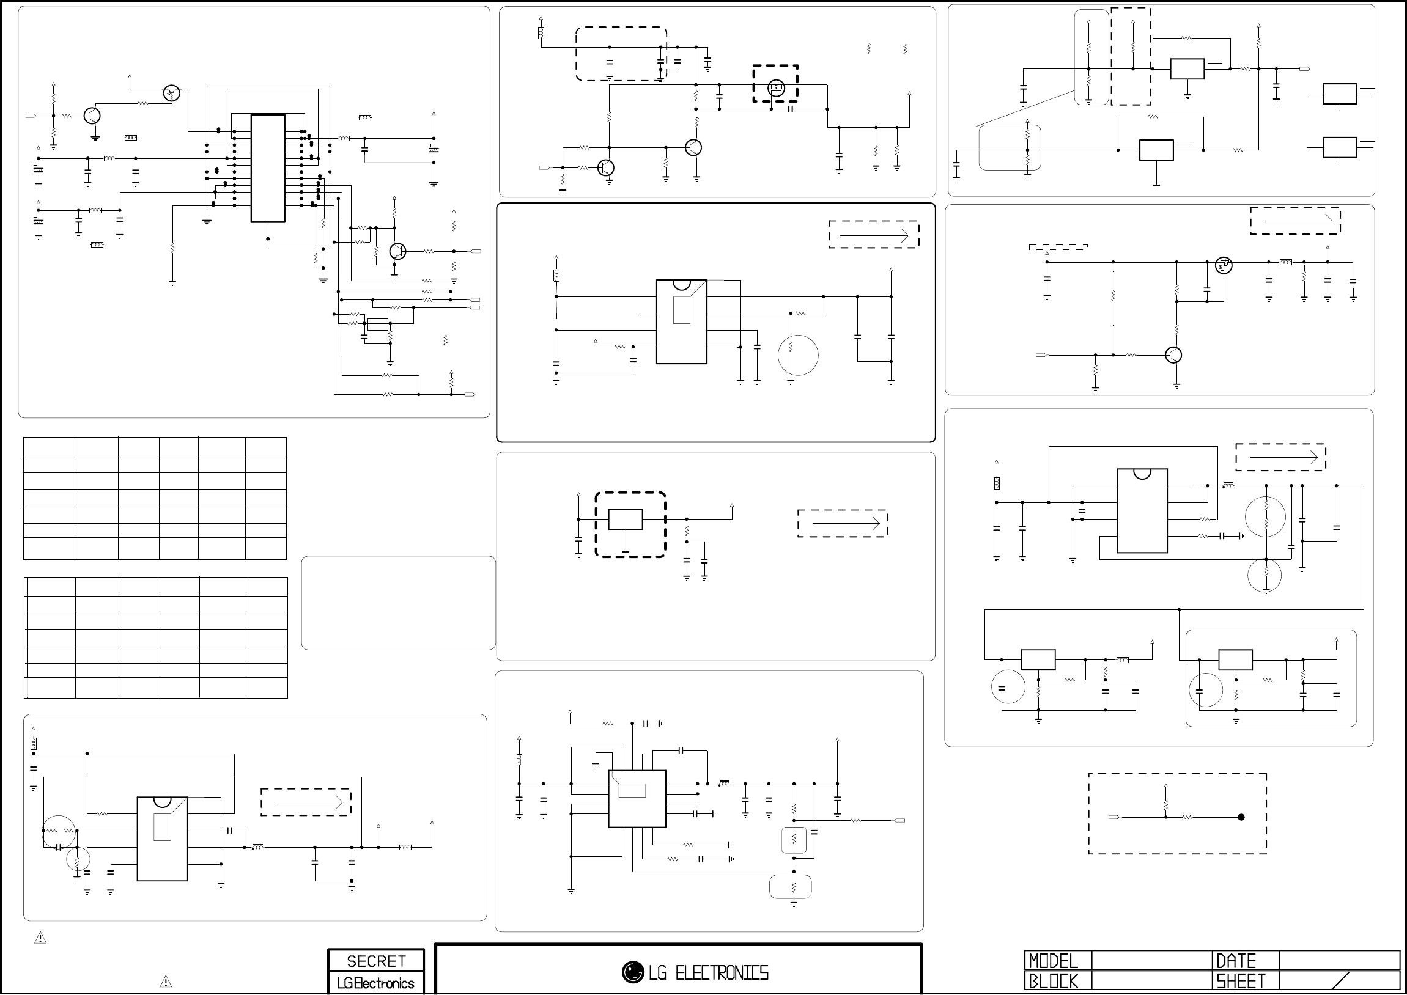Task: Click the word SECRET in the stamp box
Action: pos(375,961)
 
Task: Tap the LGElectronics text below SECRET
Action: pos(375,983)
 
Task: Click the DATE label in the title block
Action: pos(1236,960)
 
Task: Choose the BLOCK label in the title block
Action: pos(1053,982)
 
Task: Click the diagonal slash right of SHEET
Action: pos(1340,981)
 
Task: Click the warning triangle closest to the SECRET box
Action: pos(166,982)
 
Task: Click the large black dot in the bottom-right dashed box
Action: pos(1241,817)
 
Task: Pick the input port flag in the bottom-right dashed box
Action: pos(1113,817)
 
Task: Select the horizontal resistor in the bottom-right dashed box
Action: pos(1187,817)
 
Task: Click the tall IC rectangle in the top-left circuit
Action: pos(268,169)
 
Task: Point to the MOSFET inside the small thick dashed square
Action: pos(775,87)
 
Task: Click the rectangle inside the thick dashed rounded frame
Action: pos(625,519)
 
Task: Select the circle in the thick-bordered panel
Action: pos(798,354)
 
